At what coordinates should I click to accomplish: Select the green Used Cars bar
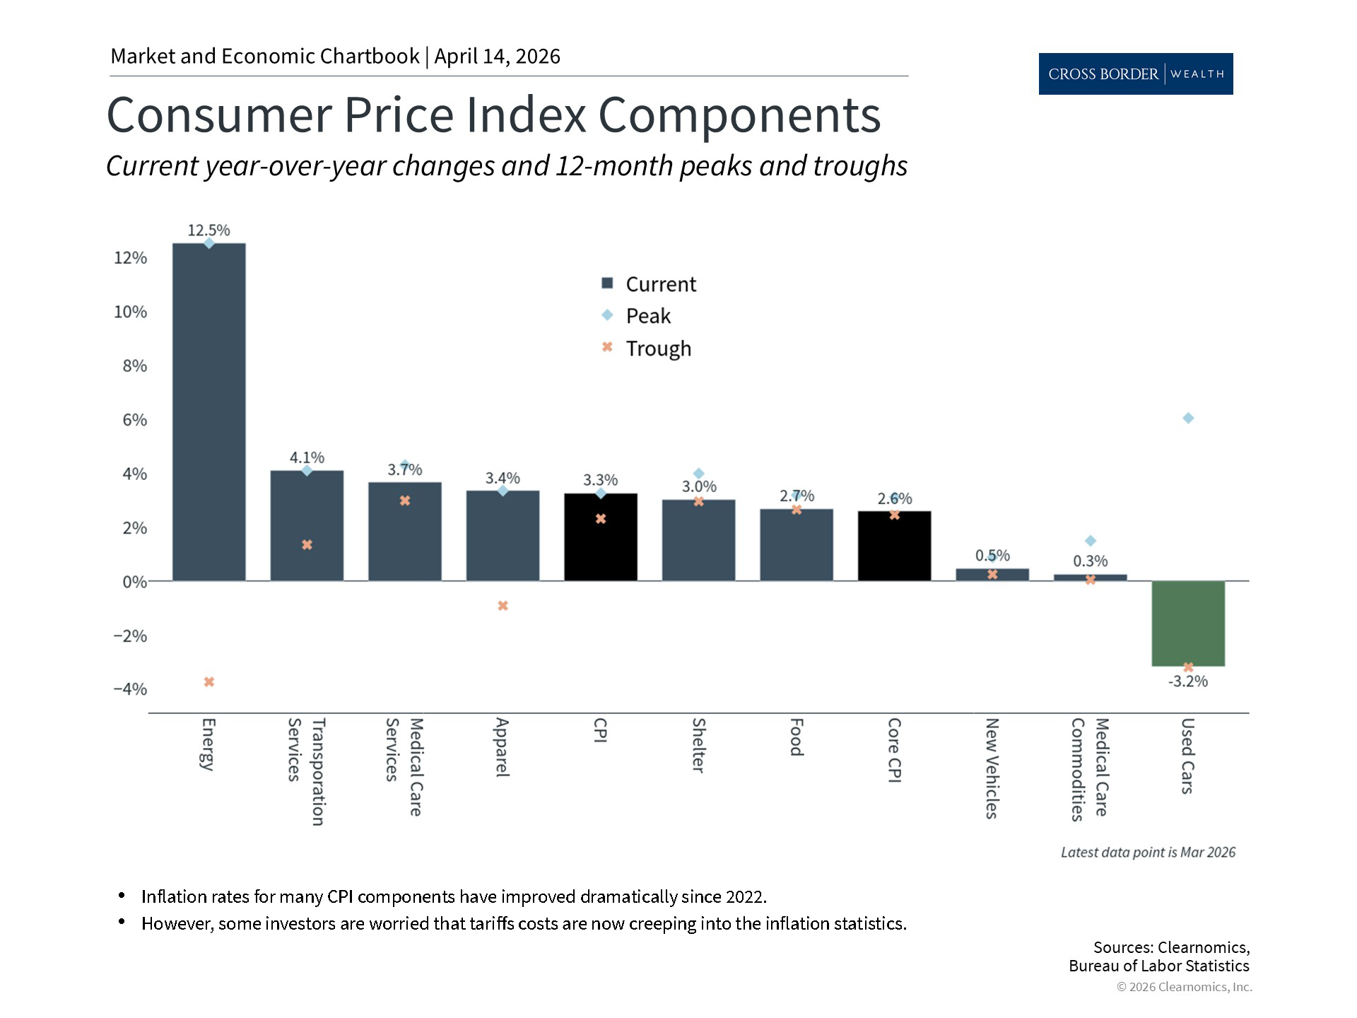(x=1188, y=624)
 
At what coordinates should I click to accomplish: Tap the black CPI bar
(x=601, y=537)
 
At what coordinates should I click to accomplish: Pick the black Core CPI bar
(x=894, y=546)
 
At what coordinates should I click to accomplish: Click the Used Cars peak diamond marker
(x=1188, y=419)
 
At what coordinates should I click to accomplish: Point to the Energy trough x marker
(x=209, y=682)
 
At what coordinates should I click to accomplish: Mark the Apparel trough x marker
(x=503, y=606)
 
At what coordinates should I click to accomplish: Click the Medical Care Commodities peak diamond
(x=1091, y=541)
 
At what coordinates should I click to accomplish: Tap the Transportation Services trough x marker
(x=307, y=545)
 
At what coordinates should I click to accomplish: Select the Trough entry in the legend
(x=657, y=349)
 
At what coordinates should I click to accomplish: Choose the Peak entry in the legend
(x=647, y=316)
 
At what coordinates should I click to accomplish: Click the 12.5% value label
(x=208, y=230)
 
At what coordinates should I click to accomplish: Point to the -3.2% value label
(x=1188, y=681)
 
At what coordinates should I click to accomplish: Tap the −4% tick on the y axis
(x=130, y=689)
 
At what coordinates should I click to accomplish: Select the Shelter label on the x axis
(x=698, y=745)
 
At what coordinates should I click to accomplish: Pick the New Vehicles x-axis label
(x=992, y=768)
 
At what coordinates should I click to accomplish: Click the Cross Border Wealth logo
(x=1135, y=74)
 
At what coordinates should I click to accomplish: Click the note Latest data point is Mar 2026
(x=1148, y=853)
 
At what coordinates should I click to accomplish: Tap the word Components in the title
(x=739, y=115)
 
